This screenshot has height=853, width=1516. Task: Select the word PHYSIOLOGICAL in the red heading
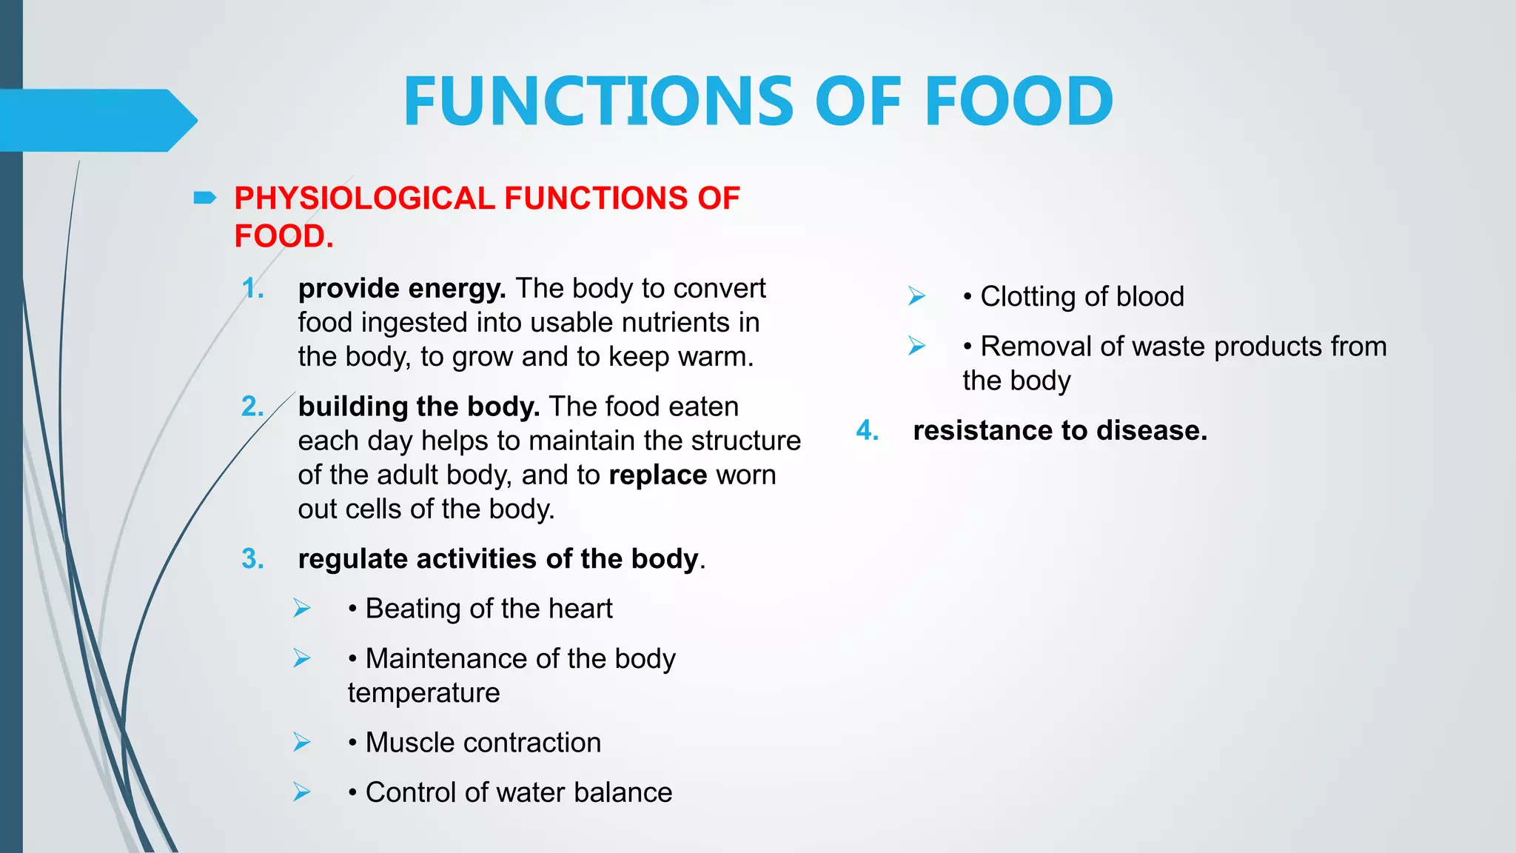pos(364,198)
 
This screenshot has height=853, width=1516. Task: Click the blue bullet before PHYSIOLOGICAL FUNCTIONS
pos(204,198)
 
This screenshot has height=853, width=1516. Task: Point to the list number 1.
pos(252,289)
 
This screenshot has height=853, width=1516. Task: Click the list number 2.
pos(252,407)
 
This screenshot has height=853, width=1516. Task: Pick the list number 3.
pos(252,559)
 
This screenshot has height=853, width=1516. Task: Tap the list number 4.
pos(867,431)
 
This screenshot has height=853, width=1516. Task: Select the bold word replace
pos(657,475)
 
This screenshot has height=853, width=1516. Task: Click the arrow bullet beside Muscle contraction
pos(301,742)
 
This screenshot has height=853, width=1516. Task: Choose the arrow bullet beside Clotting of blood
pos(916,296)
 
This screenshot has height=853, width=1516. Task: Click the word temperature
pos(423,693)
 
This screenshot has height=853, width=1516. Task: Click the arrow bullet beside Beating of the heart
pos(301,609)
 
